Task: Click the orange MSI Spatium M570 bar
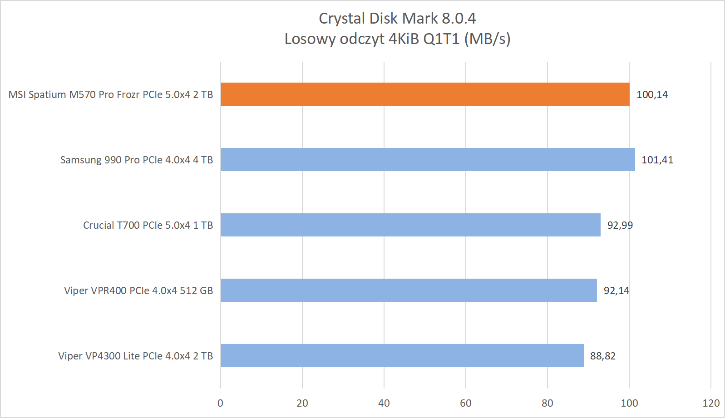[x=425, y=94]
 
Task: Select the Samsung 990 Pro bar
[x=428, y=160]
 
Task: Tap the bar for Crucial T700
[x=410, y=225]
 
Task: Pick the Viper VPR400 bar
[x=409, y=290]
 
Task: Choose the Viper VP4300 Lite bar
[x=402, y=356]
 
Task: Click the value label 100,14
[x=652, y=95]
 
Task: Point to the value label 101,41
[x=657, y=160]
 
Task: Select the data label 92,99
[x=620, y=226]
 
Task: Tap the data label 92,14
[x=616, y=291]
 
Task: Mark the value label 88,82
[x=602, y=356]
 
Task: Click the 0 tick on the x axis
[x=221, y=403]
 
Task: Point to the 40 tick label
[x=384, y=403]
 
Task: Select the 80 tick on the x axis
[x=547, y=403]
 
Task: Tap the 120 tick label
[x=711, y=403]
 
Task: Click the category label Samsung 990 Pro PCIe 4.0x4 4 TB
[x=137, y=160]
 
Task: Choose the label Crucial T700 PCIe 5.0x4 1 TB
[x=148, y=226]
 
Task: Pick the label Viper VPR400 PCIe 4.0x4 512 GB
[x=138, y=291]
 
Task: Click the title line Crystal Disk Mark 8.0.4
[x=397, y=19]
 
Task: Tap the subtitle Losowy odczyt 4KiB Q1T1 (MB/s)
[x=397, y=39]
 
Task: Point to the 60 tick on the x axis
[x=466, y=403]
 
